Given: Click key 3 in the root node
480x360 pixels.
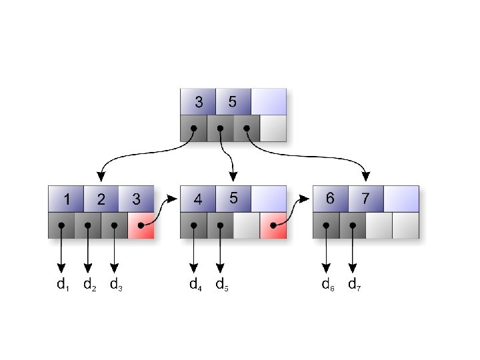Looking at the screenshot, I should tap(198, 102).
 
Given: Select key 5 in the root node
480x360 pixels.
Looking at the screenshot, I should tap(233, 102).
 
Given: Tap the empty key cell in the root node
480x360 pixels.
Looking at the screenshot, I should tap(269, 102).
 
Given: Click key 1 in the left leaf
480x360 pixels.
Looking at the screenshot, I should tap(66, 199).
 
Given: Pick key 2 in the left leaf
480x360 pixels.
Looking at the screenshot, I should tap(101, 199).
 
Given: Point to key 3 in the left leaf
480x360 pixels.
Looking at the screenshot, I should tap(137, 199).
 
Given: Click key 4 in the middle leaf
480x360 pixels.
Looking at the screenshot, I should tap(198, 199).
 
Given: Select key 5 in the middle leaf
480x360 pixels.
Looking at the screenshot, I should tap(233, 199).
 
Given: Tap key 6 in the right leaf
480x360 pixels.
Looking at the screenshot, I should tap(330, 199).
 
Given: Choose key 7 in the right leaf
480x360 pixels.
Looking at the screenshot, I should tap(365, 199).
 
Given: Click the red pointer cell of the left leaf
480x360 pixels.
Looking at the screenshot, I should tap(141, 225).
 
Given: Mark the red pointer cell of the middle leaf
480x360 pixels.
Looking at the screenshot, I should tap(273, 225).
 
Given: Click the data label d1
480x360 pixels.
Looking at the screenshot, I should tap(63, 285).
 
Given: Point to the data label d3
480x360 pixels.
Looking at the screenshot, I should tap(116, 285).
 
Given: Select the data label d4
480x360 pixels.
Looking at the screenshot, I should tap(195, 285).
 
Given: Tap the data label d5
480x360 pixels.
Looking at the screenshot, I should tap(222, 285).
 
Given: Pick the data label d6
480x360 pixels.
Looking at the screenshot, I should tap(328, 285).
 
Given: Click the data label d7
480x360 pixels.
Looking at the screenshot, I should tap(355, 285).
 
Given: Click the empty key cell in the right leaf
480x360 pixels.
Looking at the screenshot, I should tap(401, 199).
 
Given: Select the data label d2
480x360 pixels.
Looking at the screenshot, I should tap(89, 285).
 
